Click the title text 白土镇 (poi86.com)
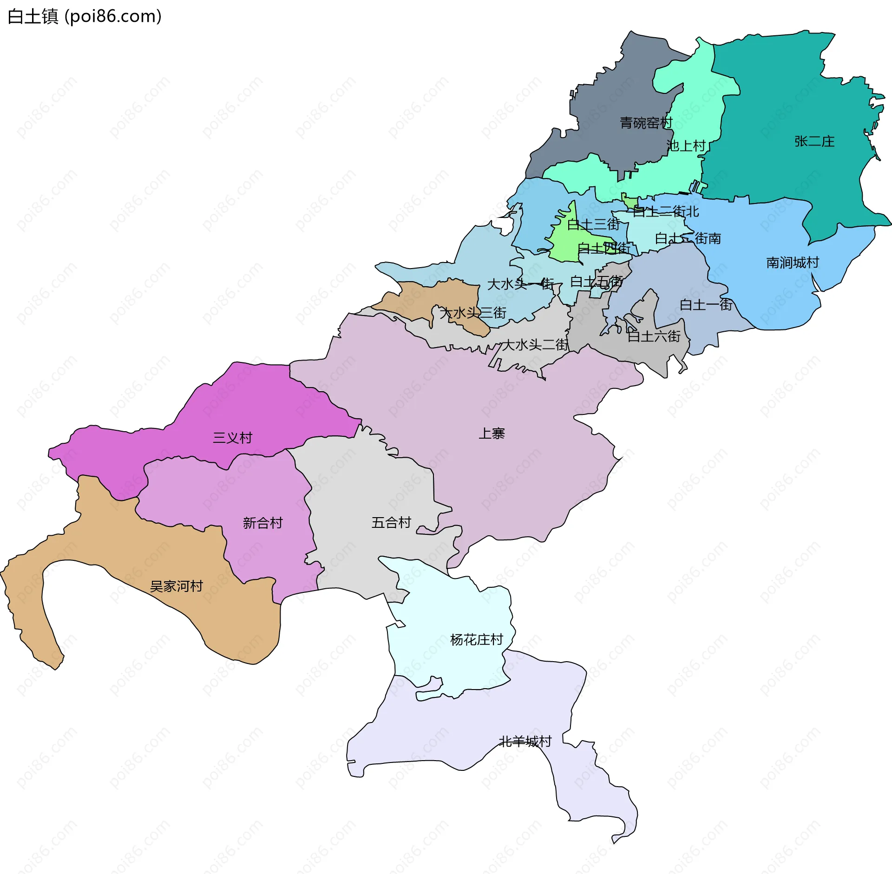click(85, 16)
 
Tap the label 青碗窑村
click(646, 123)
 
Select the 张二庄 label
click(814, 141)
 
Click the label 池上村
click(686, 146)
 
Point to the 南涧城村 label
click(792, 263)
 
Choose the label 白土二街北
click(665, 212)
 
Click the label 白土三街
click(593, 225)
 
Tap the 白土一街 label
click(706, 305)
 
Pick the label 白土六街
click(654, 336)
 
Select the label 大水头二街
click(535, 345)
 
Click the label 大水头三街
click(472, 313)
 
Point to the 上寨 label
click(492, 434)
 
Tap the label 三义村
click(232, 438)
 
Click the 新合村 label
click(262, 523)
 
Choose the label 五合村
click(391, 523)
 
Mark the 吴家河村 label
click(176, 586)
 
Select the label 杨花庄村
click(476, 640)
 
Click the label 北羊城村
click(525, 742)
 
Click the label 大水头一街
click(520, 284)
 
